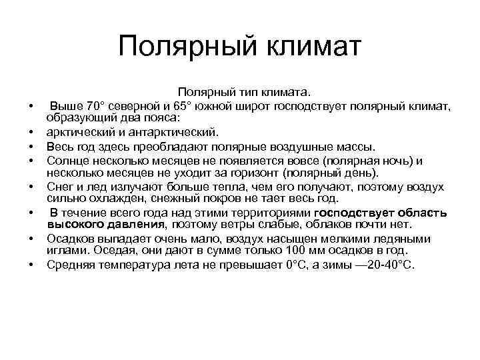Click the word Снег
pyautogui.click(x=59, y=187)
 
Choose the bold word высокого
pyautogui.click(x=75, y=225)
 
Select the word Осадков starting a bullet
pyautogui.click(x=69, y=239)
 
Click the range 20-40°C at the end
pyautogui.click(x=389, y=265)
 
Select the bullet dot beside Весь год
pyautogui.click(x=31, y=147)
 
